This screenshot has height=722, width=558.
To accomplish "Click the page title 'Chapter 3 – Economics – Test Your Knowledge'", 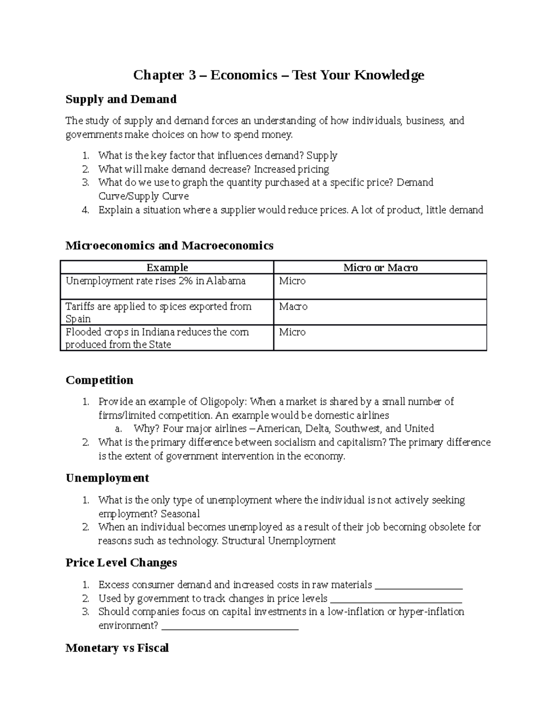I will point(279,75).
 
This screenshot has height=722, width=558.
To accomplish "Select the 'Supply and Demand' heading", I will point(121,99).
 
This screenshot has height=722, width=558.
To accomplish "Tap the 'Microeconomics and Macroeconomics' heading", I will point(169,245).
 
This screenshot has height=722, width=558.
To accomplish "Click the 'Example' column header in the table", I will point(167,267).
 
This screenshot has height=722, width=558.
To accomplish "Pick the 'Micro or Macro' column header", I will point(380,267).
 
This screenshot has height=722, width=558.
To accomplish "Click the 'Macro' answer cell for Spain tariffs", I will point(293,306).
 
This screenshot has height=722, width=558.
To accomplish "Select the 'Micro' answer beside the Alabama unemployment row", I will point(292,281).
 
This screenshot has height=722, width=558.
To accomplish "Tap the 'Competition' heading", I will point(100,380).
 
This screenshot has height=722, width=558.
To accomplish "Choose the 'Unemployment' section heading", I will point(107,478).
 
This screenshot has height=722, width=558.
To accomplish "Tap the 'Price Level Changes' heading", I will point(121,563).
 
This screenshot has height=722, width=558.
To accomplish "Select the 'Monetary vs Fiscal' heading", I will point(117,648).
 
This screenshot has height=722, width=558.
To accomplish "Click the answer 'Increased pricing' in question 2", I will point(292,169).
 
